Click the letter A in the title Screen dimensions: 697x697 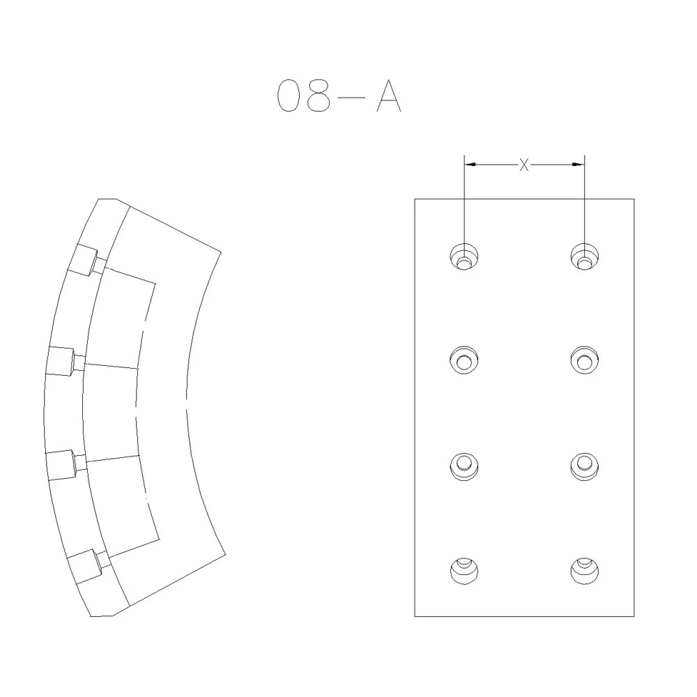[x=389, y=95]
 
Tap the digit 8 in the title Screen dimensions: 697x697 [x=319, y=95]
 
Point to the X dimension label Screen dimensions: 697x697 [x=525, y=165]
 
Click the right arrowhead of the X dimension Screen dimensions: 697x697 [x=579, y=165]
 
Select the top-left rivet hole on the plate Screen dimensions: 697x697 [x=464, y=256]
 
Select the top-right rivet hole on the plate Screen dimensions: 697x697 [x=584, y=256]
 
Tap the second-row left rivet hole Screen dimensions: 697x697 [x=464, y=360]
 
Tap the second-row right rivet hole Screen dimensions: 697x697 [x=584, y=360]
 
